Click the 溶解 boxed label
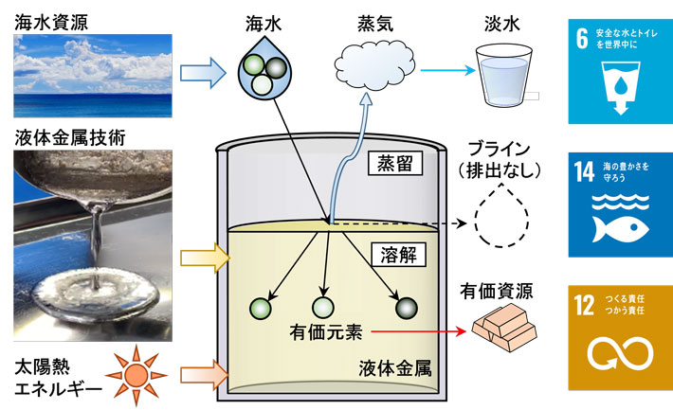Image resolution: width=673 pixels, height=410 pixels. click(390, 256)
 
